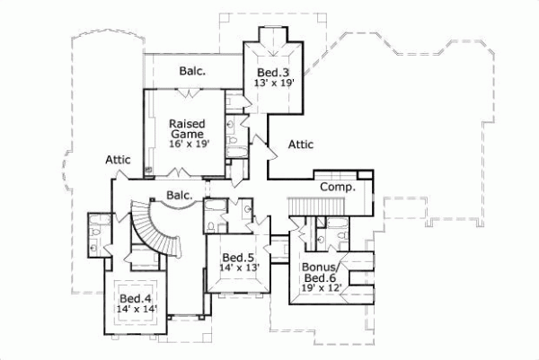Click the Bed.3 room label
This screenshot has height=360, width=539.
tap(271, 72)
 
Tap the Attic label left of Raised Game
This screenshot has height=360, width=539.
tap(119, 160)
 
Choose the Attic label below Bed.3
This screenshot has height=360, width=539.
tap(300, 143)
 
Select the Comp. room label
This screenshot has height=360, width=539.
tap(338, 188)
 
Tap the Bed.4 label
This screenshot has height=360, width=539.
tap(134, 298)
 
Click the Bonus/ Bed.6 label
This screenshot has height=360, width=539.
tap(321, 275)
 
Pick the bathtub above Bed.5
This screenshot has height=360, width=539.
tap(216, 216)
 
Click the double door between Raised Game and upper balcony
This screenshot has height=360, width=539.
tap(185, 92)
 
